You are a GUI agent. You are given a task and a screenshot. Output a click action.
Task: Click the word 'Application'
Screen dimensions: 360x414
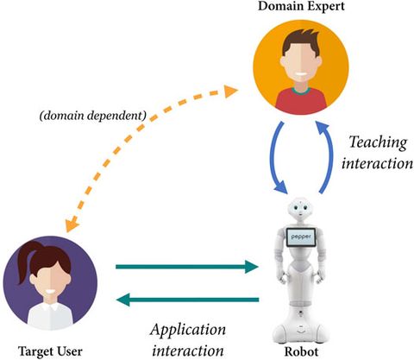[188, 330]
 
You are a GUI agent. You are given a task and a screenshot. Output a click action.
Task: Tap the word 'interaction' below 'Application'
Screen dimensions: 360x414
[188, 349]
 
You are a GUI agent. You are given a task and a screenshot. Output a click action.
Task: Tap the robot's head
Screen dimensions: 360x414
[302, 208]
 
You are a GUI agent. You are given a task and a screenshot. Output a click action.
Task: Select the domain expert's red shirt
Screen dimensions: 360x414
[301, 102]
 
